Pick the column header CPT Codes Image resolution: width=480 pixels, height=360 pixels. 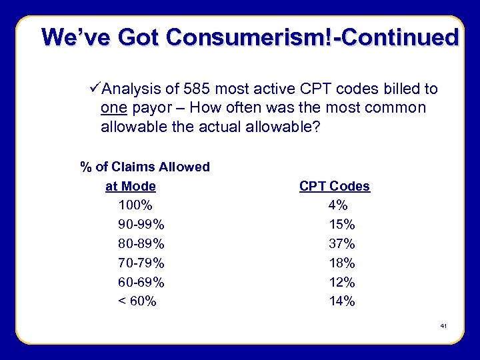[x=334, y=186]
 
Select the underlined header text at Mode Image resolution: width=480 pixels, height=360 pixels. [x=131, y=186]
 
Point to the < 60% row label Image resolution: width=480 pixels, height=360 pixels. [x=137, y=301]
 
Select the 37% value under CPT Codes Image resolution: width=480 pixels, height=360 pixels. [x=341, y=244]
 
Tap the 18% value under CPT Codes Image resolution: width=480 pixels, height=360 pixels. [x=341, y=263]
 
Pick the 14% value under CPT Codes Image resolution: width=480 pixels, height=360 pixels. [x=341, y=301]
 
